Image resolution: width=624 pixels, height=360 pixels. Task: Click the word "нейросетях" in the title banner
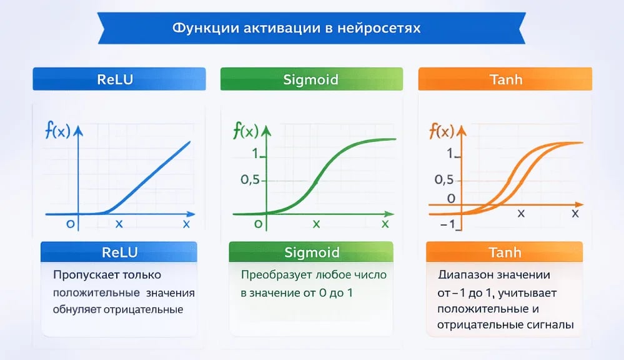379,28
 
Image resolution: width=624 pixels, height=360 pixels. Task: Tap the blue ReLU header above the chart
119,79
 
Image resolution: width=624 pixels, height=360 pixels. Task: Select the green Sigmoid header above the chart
312,79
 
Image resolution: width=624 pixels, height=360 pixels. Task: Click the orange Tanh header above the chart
505,79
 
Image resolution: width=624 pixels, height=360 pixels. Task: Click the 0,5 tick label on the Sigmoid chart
250,180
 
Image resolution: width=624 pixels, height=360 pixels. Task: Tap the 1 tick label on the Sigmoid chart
255,153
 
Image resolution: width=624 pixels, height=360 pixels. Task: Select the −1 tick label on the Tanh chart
448,224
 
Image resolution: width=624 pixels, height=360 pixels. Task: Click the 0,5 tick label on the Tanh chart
443,179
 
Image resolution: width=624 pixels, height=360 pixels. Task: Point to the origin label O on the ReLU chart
71,224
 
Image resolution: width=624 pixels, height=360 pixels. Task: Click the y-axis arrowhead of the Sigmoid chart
266,131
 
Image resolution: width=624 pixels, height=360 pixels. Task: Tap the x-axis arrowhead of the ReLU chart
191,214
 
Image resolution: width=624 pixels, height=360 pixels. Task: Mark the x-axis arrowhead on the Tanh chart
580,204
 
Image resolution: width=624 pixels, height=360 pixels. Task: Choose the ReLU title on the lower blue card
119,252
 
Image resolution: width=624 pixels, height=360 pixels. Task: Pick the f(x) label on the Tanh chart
442,131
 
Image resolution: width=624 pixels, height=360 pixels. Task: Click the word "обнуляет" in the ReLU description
77,310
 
